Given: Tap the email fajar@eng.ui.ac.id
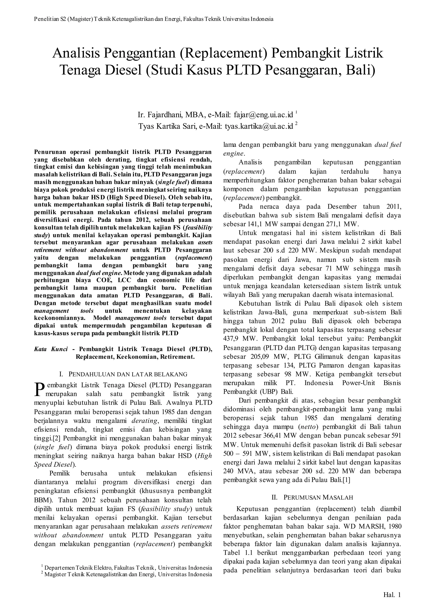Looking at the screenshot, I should tap(263, 115).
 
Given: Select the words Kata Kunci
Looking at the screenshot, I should tap(51, 349).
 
